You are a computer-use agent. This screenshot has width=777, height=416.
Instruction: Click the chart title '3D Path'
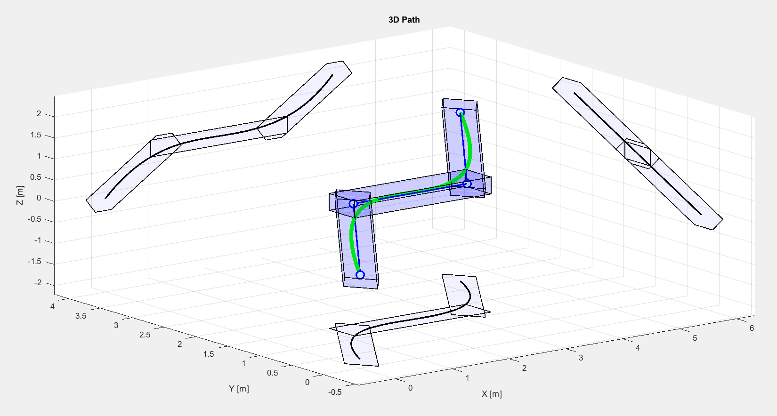click(x=404, y=20)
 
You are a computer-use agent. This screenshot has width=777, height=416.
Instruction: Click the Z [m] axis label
click(x=20, y=195)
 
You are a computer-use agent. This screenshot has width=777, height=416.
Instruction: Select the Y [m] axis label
click(x=239, y=389)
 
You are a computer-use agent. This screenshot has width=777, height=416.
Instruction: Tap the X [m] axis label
click(x=491, y=394)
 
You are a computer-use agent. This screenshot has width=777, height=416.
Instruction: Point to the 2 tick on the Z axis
click(x=39, y=114)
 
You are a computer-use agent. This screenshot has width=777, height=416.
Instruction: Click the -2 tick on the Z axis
click(x=38, y=283)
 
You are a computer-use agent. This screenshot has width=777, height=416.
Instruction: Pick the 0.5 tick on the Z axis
click(x=36, y=177)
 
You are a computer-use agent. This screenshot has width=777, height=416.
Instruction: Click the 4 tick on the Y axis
click(x=52, y=306)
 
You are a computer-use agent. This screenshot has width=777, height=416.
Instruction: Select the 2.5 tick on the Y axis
click(x=145, y=335)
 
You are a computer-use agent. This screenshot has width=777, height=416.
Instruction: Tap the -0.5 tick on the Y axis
click(x=335, y=392)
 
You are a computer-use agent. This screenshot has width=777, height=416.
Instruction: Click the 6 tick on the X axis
click(x=752, y=328)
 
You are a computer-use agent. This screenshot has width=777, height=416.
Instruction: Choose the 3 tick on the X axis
click(x=581, y=358)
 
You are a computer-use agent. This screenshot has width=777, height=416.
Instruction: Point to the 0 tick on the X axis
click(x=410, y=388)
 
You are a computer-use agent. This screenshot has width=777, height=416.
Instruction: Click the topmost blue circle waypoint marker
click(x=460, y=112)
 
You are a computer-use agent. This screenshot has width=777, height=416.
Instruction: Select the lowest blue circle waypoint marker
click(x=360, y=275)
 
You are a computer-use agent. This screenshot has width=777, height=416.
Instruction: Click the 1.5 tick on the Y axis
click(x=209, y=354)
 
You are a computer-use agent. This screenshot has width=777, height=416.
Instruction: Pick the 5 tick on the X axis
click(x=695, y=338)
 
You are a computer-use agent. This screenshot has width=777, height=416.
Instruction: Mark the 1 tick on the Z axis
click(x=39, y=156)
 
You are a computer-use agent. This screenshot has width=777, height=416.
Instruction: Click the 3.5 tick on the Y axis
click(x=81, y=316)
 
